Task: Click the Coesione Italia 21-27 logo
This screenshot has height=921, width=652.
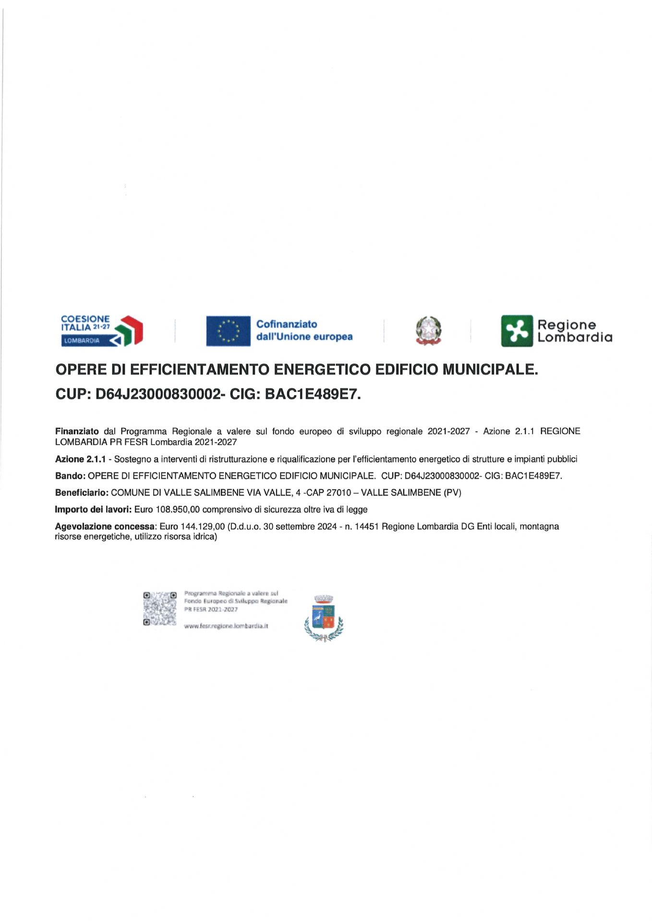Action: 102,331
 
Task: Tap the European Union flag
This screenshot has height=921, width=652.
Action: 228,331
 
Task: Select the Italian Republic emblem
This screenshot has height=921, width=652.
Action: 428,331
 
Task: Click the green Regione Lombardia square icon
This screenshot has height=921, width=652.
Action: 517,331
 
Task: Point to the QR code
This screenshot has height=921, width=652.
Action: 159,609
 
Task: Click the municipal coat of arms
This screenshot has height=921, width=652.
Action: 324,618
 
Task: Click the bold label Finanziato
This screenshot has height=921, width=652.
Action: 77,432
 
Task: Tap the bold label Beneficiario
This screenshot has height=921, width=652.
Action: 82,493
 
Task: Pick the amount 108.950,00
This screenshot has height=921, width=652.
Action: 178,509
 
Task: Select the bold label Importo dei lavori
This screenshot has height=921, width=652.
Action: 93,509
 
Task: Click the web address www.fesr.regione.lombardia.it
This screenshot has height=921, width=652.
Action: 226,626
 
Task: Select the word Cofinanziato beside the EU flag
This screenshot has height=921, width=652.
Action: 287,324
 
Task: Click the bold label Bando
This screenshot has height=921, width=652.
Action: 70,476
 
